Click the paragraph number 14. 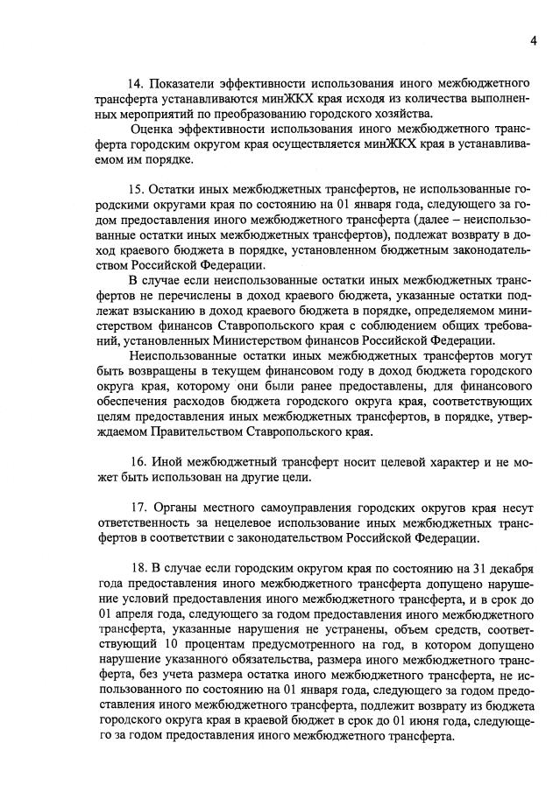pos(136,83)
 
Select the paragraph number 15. pos(136,189)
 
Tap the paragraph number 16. pos(136,462)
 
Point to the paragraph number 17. pos(136,508)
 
